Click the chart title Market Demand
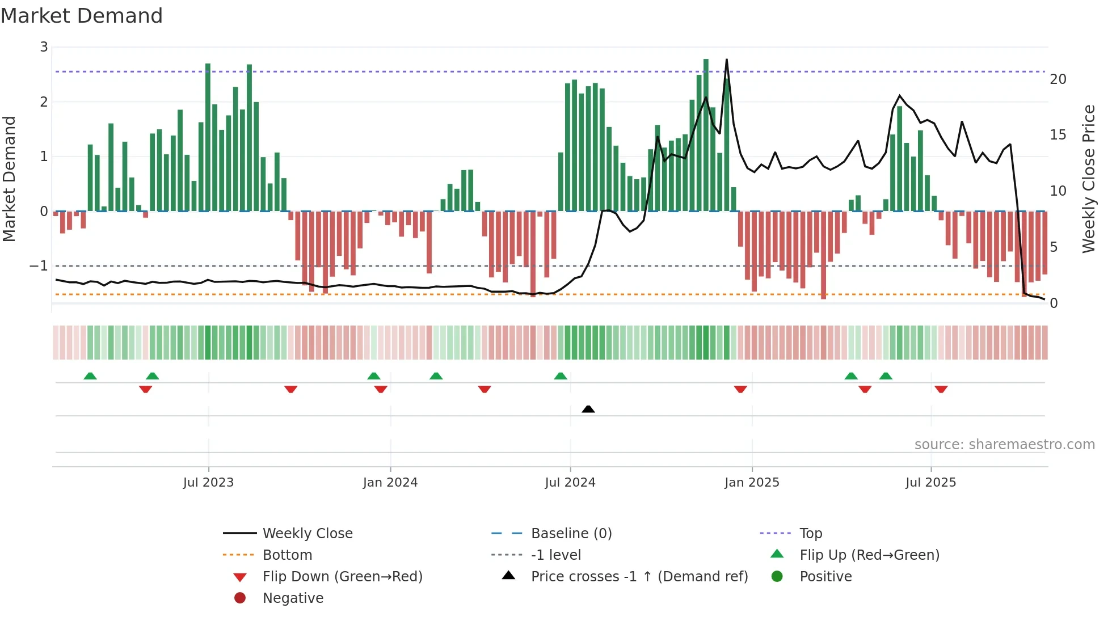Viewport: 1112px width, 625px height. pos(82,16)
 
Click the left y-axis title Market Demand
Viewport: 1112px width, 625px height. pos(10,179)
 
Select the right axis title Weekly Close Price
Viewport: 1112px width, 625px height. pos(1088,179)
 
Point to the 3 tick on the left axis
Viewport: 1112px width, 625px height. pos(44,47)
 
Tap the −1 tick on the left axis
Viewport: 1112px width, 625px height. pos(39,265)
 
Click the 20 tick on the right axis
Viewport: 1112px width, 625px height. pos(1058,79)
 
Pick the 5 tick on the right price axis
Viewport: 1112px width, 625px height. pos(1054,247)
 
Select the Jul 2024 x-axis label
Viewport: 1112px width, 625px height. pos(570,483)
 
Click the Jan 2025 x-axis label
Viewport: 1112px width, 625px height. pos(752,483)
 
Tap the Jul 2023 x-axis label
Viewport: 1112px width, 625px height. pos(208,483)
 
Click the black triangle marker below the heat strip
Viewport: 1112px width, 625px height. pos(588,409)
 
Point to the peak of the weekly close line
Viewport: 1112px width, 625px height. pos(726,60)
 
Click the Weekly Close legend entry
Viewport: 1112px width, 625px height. pos(307,534)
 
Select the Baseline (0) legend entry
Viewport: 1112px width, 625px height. pos(571,534)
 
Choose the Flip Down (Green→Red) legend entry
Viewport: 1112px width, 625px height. pos(342,577)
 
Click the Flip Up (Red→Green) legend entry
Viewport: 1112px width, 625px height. pos(869,555)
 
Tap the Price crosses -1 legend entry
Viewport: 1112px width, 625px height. pos(639,577)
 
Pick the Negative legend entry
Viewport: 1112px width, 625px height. pos(293,598)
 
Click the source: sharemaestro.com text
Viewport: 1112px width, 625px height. pos(1004,445)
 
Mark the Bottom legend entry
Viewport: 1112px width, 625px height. pos(287,555)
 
